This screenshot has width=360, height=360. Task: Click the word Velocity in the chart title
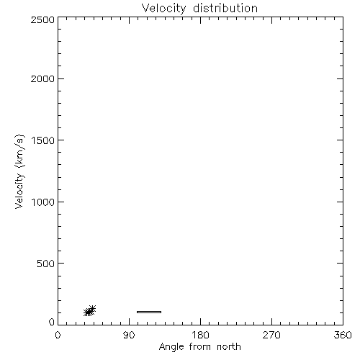pyautogui.click(x=164, y=9)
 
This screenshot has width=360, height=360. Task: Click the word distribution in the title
pyautogui.click(x=225, y=8)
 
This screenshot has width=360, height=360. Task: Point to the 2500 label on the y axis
pyautogui.click(x=42, y=19)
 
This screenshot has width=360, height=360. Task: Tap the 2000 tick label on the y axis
pyautogui.click(x=42, y=78)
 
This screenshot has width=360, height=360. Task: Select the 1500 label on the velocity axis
pyautogui.click(x=43, y=140)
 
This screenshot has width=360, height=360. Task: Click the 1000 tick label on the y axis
pyautogui.click(x=43, y=202)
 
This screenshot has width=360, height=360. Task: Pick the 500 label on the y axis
pyautogui.click(x=46, y=264)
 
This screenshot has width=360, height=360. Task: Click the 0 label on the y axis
pyautogui.click(x=52, y=322)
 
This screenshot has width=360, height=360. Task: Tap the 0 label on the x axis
pyautogui.click(x=58, y=335)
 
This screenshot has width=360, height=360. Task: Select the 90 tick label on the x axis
pyautogui.click(x=129, y=335)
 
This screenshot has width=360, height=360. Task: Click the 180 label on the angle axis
pyautogui.click(x=200, y=335)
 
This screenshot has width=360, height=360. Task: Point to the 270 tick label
pyautogui.click(x=271, y=335)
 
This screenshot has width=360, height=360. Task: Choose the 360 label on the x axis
pyautogui.click(x=343, y=335)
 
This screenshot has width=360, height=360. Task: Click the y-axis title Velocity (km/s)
pyautogui.click(x=19, y=171)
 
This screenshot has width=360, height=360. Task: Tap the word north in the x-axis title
pyautogui.click(x=229, y=346)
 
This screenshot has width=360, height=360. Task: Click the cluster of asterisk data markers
pyautogui.click(x=89, y=311)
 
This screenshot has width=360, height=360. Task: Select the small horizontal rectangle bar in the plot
pyautogui.click(x=149, y=312)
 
